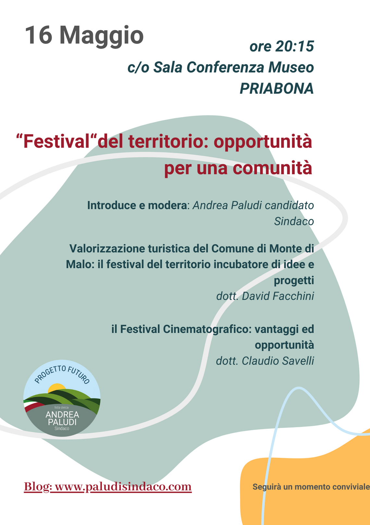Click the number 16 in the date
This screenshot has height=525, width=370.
coord(38,35)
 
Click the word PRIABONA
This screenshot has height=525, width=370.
coord(277,89)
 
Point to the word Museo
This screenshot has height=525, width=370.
coord(291,67)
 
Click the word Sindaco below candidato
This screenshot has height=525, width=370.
coord(294,221)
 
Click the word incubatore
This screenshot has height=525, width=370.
coord(241,264)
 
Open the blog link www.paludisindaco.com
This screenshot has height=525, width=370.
coord(123,486)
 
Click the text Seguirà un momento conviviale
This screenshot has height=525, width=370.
coord(311,487)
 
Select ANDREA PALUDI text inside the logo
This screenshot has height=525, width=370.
coord(62,418)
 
